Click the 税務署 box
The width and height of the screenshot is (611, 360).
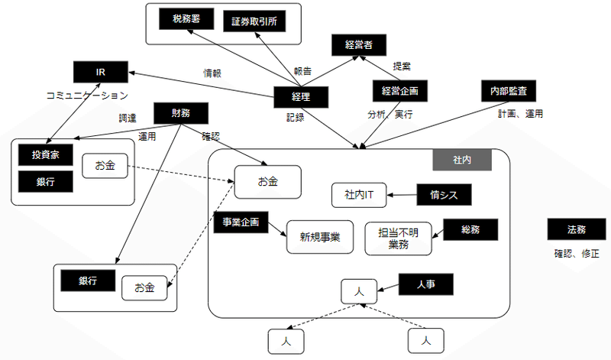tap(186, 19)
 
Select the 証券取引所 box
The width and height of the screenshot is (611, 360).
tap(254, 21)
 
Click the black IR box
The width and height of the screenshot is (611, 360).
tap(100, 73)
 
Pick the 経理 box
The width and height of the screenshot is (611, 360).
tap(301, 97)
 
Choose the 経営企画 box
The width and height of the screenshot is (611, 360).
tap(399, 91)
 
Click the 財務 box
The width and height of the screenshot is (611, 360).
tap(181, 113)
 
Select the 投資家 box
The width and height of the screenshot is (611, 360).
tap(46, 154)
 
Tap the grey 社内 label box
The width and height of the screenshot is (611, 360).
tap(461, 161)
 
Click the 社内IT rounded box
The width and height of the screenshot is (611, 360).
tap(359, 195)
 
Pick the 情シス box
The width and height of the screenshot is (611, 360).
tap(443, 195)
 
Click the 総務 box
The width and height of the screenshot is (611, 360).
tap(469, 229)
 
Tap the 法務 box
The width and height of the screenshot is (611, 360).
tap(576, 229)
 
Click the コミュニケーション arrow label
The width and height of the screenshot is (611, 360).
tap(82, 96)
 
